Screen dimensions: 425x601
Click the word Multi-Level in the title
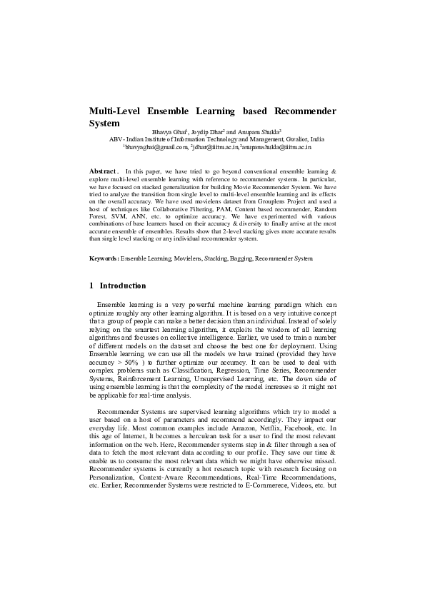point(114,111)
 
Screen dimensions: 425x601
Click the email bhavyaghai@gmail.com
point(155,146)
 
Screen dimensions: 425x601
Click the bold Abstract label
point(103,172)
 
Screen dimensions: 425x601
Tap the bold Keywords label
point(104,257)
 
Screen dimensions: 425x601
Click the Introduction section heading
point(123,286)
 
